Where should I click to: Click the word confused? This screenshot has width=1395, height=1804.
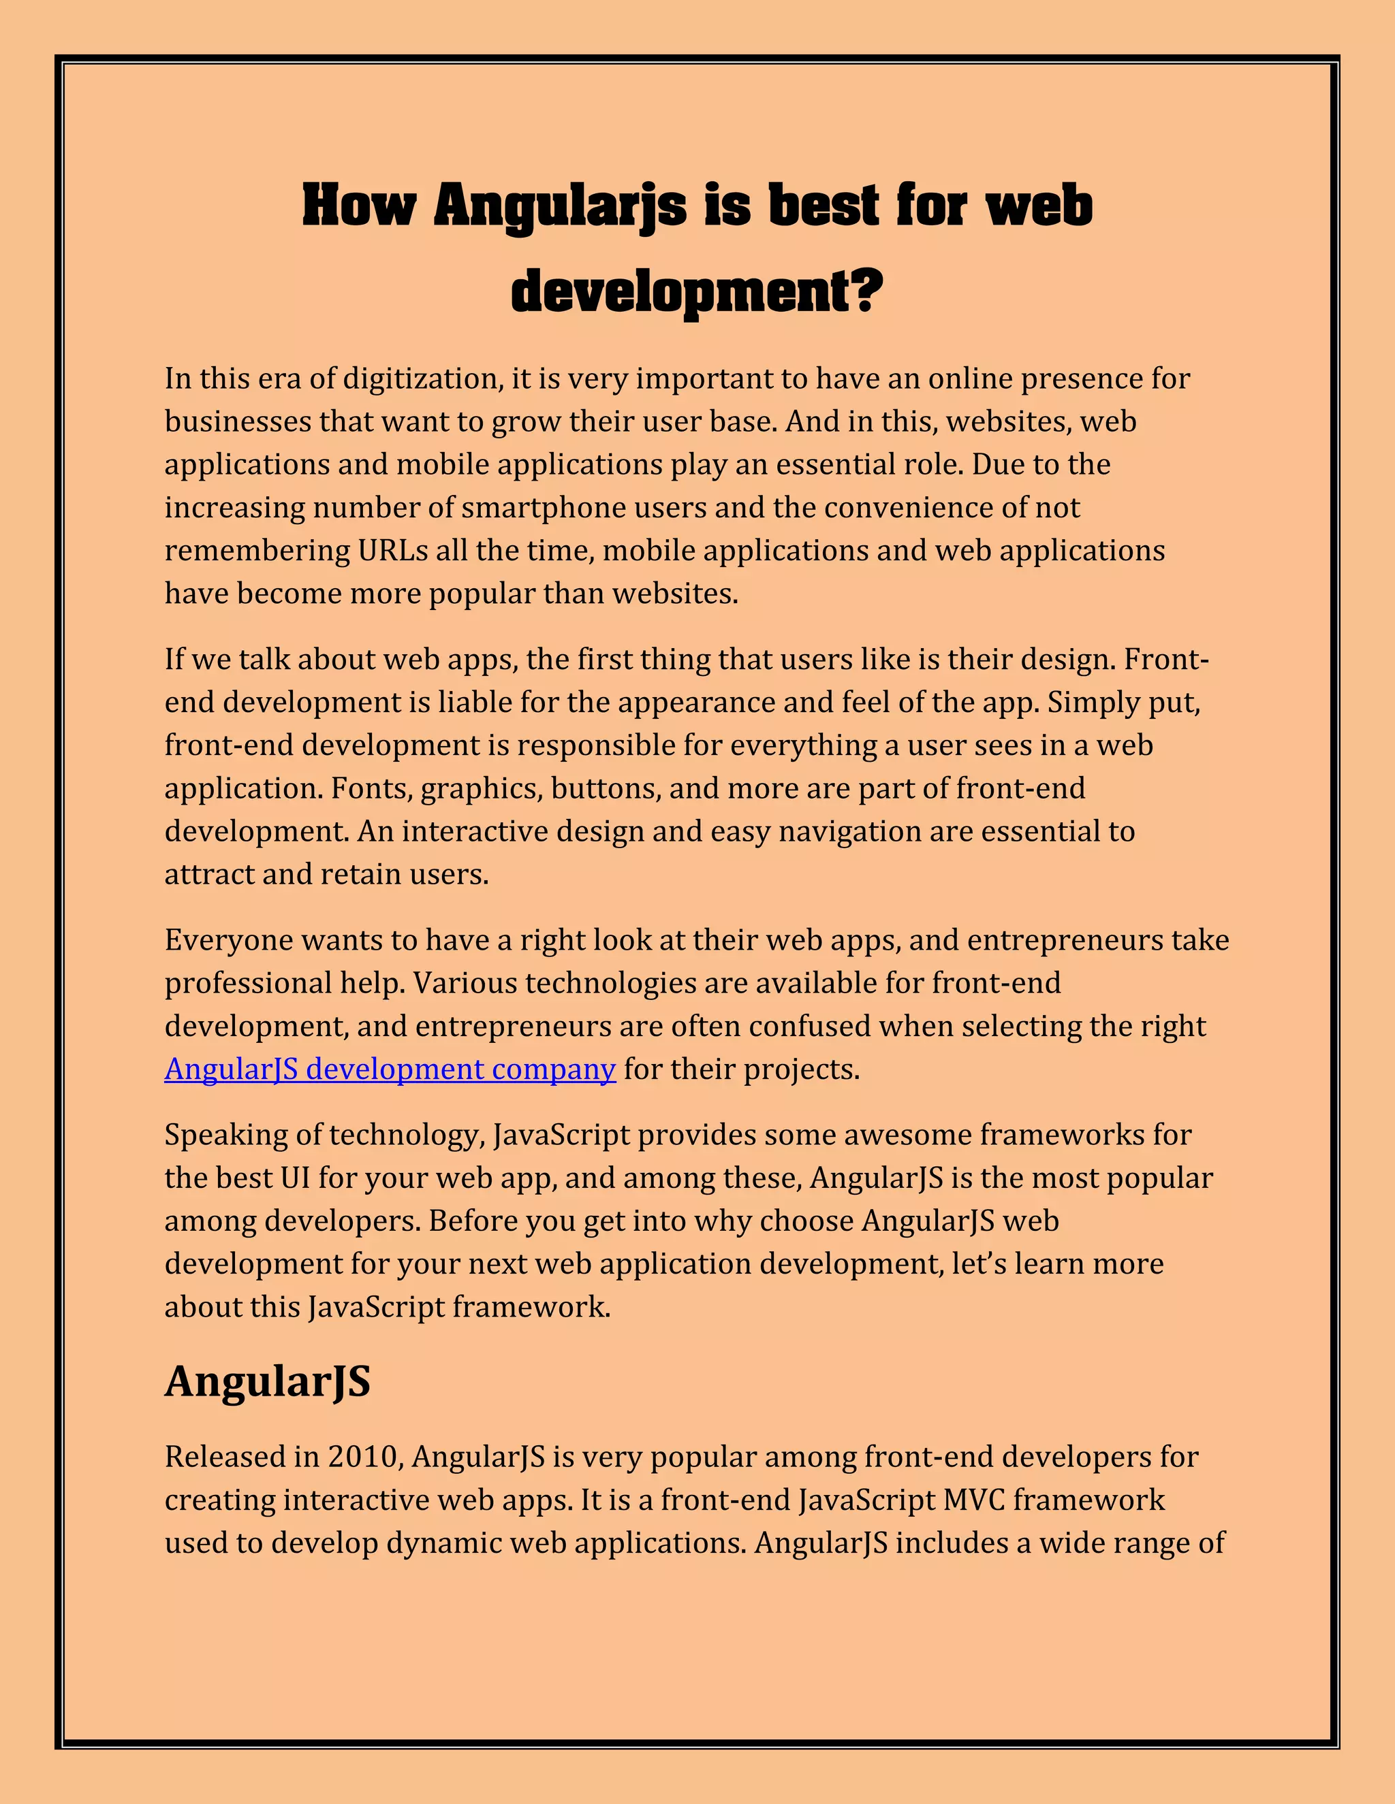(x=806, y=1027)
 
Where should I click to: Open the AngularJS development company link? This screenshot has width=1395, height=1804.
(x=390, y=1069)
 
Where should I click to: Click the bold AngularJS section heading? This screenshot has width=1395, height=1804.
(x=268, y=1382)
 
